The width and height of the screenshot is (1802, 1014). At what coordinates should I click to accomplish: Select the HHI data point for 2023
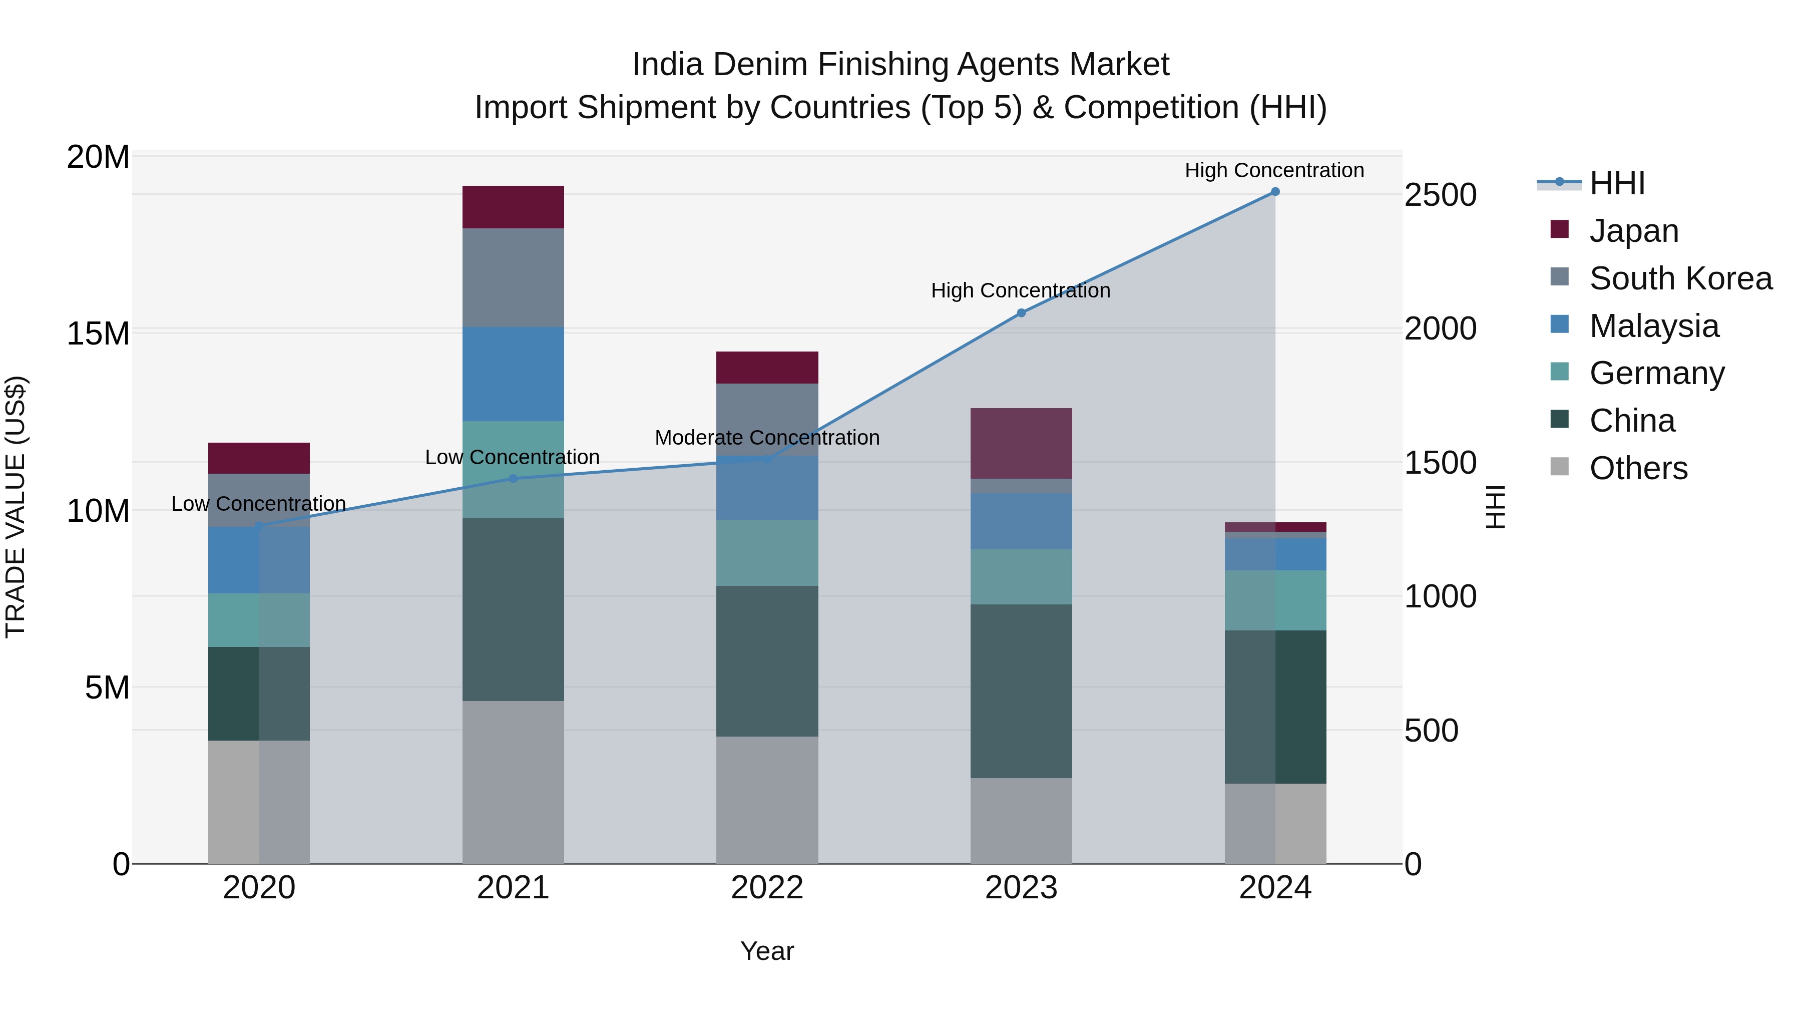1021,313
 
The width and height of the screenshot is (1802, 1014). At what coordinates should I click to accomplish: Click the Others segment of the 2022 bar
767,799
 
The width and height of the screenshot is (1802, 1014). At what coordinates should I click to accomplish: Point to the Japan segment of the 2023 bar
1021,443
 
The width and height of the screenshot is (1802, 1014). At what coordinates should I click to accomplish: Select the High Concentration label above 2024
1274,170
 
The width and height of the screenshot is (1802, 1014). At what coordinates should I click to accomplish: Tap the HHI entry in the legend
1616,183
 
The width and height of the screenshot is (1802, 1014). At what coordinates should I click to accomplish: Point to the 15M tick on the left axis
98,333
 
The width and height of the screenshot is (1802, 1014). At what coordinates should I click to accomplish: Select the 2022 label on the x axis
767,888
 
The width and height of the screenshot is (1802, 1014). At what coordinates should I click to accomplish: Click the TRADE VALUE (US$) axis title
16,507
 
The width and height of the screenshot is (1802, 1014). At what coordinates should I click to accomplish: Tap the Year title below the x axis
767,951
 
